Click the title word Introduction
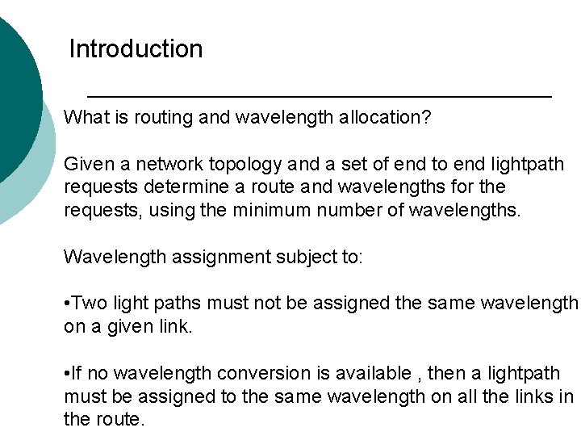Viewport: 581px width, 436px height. [x=136, y=49]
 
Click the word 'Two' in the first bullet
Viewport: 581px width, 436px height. [x=91, y=304]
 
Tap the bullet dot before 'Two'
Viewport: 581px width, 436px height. [x=67, y=304]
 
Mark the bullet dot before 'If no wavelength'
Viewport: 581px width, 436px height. [x=67, y=374]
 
